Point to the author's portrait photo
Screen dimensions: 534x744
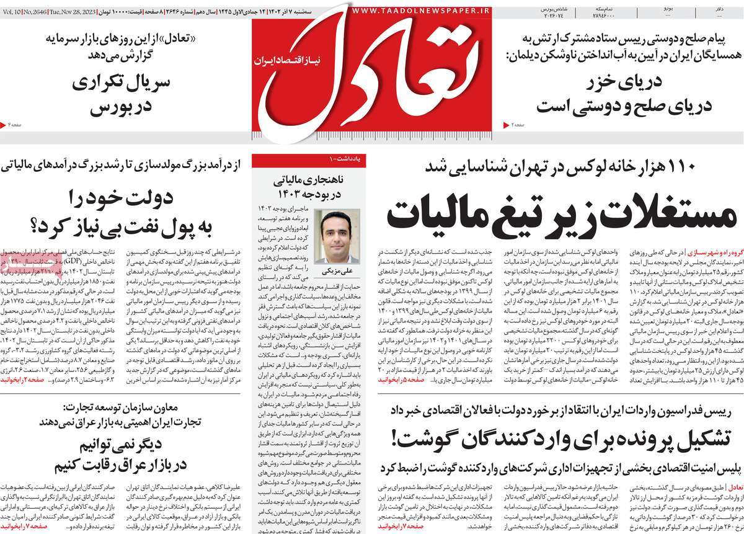[337, 236]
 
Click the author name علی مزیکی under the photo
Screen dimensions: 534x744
[336, 271]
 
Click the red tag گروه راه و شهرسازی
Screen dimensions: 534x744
[713, 252]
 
